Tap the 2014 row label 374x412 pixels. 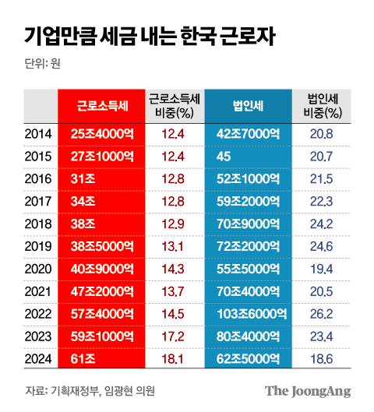tap(38, 135)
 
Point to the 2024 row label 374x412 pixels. tap(38, 359)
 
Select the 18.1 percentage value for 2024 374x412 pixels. tap(173, 359)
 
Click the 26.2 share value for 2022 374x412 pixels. tap(321, 315)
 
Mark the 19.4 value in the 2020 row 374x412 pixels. tap(321, 269)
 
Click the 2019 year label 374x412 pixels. tap(38, 247)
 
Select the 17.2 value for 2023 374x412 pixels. tap(173, 336)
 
